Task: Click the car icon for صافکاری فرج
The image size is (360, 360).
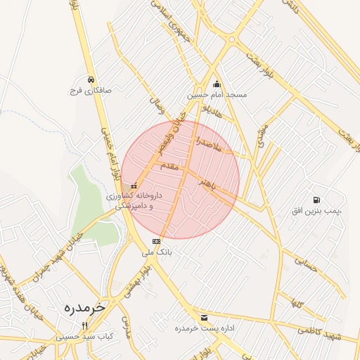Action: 91,79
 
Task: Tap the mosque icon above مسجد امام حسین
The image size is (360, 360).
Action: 217,84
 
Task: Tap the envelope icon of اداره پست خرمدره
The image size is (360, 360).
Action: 204,317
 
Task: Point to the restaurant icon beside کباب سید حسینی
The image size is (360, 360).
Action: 85,326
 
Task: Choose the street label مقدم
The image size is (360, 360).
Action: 171,167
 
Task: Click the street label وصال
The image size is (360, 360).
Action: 156,105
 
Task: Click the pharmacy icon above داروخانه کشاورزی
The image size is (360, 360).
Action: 134,186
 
